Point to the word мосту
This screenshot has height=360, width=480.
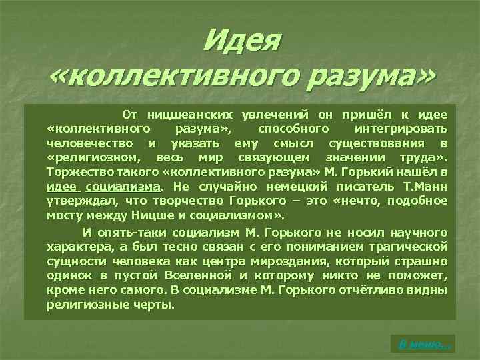(63, 215)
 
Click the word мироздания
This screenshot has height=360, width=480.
(323, 261)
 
